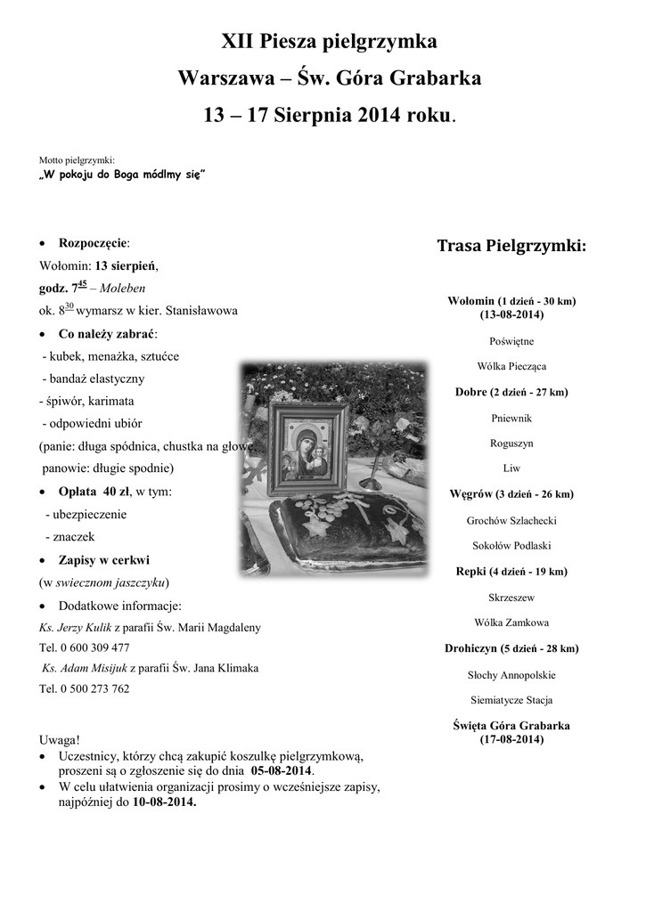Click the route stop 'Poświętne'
tap(511, 341)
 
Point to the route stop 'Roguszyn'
tap(511, 443)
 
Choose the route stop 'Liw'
tap(511, 468)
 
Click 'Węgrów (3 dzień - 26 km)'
tap(511, 494)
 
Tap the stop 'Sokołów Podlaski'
tap(511, 545)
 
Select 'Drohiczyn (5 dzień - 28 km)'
tap(511, 648)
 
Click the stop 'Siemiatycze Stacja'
tap(511, 699)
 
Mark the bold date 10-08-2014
tap(164, 802)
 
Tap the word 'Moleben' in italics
tap(123, 289)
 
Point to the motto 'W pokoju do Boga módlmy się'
tap(123, 175)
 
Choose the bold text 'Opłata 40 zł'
tap(94, 492)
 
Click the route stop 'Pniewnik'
tap(511, 418)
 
